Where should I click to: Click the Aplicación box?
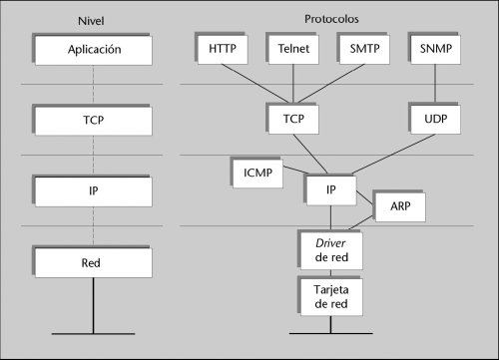(94, 50)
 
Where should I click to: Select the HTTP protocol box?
(223, 50)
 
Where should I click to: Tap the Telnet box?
(293, 50)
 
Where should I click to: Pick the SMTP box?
(364, 50)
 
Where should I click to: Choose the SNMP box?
(436, 50)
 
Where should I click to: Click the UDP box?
(436, 120)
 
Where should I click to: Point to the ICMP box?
(257, 174)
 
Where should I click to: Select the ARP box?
(400, 207)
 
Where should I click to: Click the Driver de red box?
(331, 250)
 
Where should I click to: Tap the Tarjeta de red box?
(331, 297)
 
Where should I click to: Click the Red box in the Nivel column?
(94, 263)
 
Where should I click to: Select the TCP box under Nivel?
(94, 121)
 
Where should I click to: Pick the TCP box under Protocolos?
(293, 120)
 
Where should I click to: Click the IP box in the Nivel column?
(94, 191)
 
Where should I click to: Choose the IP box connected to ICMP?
(331, 190)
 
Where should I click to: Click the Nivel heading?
(91, 21)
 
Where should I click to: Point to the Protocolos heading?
(331, 19)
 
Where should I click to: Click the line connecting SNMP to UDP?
(435, 83)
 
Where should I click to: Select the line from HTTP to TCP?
(255, 84)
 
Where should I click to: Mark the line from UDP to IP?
(393, 154)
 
